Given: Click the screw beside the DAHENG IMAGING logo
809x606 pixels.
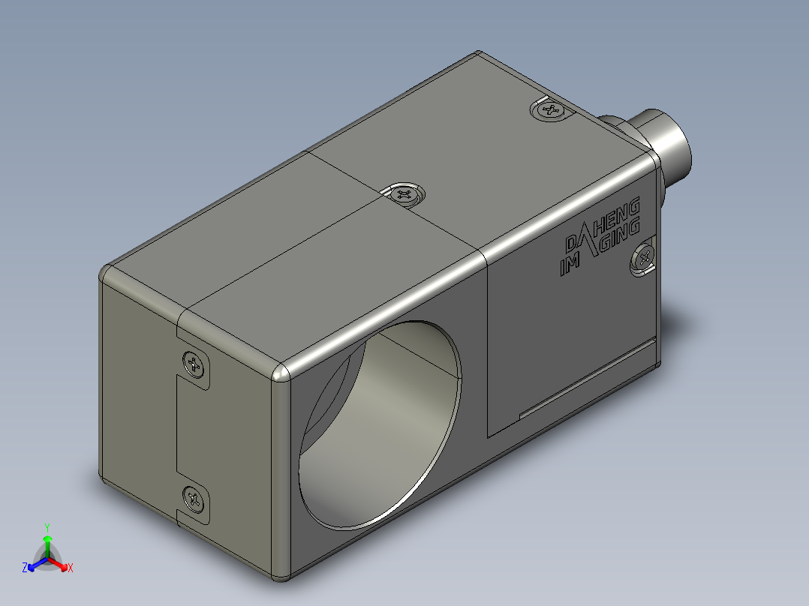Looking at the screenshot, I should pyautogui.click(x=643, y=258).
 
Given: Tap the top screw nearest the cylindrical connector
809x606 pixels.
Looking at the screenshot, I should pyautogui.click(x=552, y=111).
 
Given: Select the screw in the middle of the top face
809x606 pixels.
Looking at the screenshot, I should pyautogui.click(x=404, y=195).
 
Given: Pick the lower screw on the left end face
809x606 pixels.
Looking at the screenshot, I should pyautogui.click(x=193, y=496).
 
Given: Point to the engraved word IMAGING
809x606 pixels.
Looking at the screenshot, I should pyautogui.click(x=600, y=249).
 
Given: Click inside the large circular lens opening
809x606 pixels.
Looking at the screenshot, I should pyautogui.click(x=383, y=427).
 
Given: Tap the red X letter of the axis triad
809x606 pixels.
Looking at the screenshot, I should pyautogui.click(x=70, y=568).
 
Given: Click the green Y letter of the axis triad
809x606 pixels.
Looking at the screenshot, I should pyautogui.click(x=47, y=526).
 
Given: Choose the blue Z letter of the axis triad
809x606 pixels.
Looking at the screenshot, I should pyautogui.click(x=26, y=568).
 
